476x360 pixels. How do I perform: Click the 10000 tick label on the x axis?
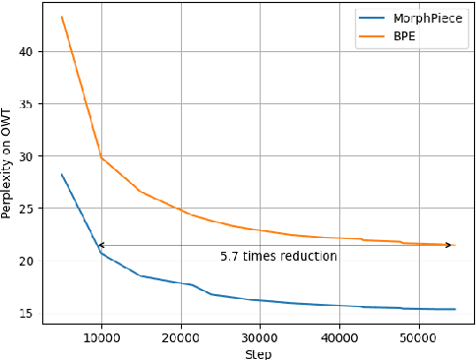[100, 335]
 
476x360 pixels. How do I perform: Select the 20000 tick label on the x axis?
[180, 335]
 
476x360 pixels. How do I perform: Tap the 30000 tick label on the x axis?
[260, 335]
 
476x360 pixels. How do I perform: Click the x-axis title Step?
[258, 351]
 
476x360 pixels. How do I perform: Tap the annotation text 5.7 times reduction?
[278, 257]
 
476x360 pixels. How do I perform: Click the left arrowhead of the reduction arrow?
[99, 245]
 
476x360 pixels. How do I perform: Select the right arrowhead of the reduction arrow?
[451, 245]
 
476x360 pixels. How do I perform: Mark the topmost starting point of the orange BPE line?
[62, 17]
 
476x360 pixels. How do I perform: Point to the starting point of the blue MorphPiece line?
[62, 174]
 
